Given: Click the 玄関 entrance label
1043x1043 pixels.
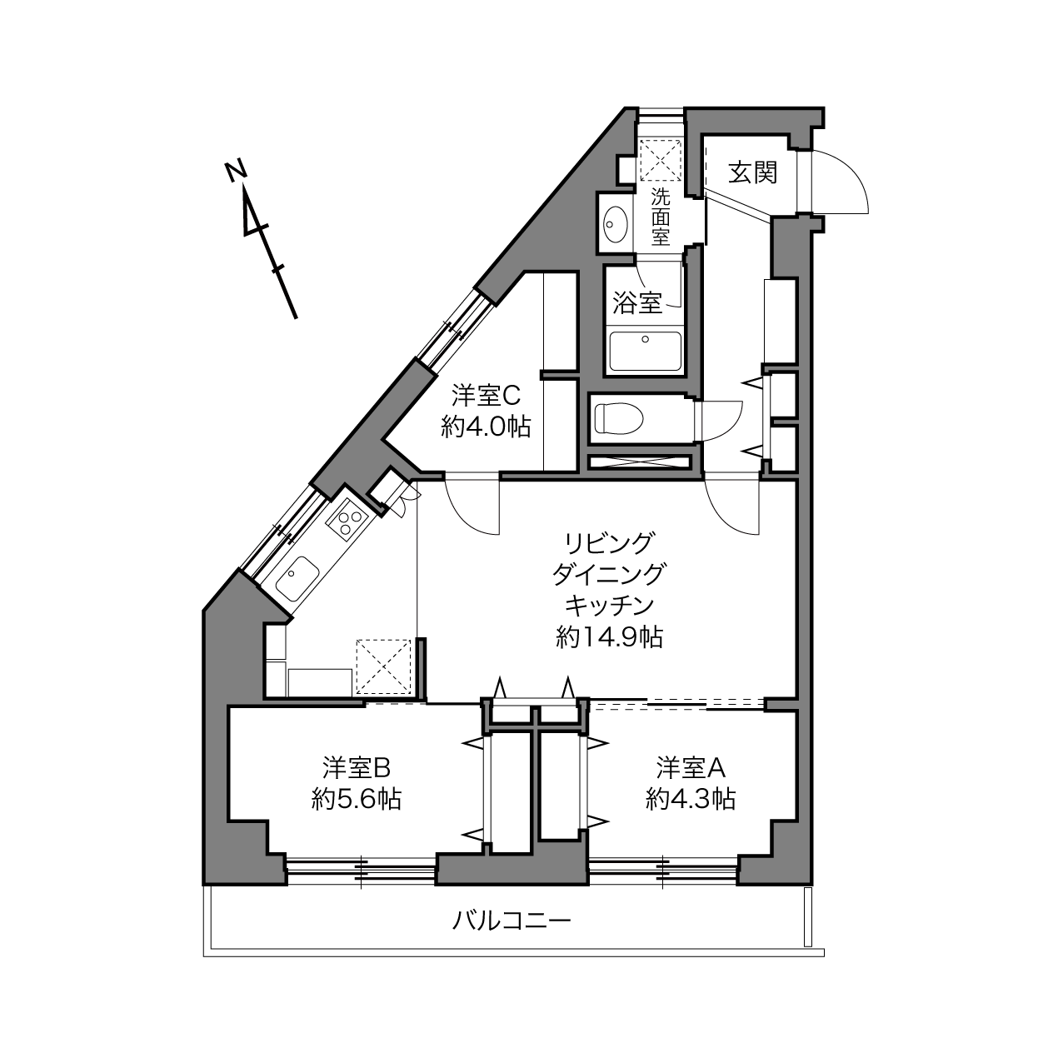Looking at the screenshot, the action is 752,172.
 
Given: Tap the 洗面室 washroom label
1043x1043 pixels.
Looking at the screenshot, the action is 661,217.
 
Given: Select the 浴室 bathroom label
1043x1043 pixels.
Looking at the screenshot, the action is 637,302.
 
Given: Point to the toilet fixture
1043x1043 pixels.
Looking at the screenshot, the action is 618,418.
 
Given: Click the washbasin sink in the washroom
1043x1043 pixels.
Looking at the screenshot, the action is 616,225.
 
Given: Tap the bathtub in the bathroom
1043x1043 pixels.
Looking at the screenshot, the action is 645,351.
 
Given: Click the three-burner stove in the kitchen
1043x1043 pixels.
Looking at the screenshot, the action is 347,520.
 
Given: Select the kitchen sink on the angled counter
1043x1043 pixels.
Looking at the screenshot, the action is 297,579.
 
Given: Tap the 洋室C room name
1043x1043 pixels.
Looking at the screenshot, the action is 486,396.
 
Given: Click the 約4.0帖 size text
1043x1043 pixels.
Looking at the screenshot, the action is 486,427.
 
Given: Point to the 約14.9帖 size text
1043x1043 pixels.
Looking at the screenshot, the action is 610,637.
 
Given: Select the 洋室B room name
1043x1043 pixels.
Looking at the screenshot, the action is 357,767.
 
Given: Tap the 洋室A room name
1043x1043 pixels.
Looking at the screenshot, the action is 691,767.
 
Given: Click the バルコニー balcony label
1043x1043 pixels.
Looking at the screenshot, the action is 512,921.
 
